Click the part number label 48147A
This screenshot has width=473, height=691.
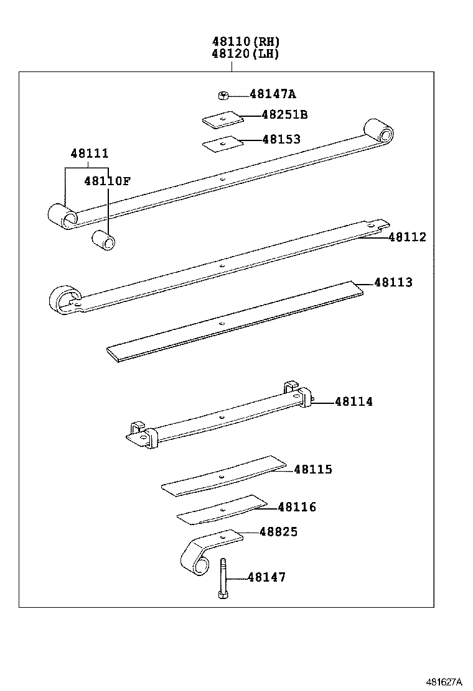(x=273, y=94)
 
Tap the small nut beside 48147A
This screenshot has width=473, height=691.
(x=223, y=95)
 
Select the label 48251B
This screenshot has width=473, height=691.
(x=284, y=115)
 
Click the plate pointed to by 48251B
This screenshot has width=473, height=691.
(x=220, y=119)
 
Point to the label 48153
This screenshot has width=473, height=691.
(x=281, y=139)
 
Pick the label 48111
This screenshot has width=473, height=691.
(x=89, y=153)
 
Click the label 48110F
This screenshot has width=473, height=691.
(x=108, y=181)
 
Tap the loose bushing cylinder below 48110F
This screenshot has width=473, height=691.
(x=103, y=240)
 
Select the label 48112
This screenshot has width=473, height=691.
(x=408, y=237)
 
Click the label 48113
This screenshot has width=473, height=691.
(x=393, y=283)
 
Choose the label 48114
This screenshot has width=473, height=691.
(x=354, y=402)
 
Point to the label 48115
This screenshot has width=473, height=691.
(x=313, y=470)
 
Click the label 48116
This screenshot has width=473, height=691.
(x=297, y=508)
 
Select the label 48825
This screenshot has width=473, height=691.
(x=278, y=532)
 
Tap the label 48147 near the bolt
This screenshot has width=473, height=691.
(x=266, y=578)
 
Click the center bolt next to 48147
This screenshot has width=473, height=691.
(x=222, y=579)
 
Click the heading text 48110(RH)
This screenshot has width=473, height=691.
(x=246, y=42)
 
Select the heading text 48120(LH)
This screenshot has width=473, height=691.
(x=246, y=53)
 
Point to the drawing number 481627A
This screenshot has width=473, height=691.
(x=444, y=682)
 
